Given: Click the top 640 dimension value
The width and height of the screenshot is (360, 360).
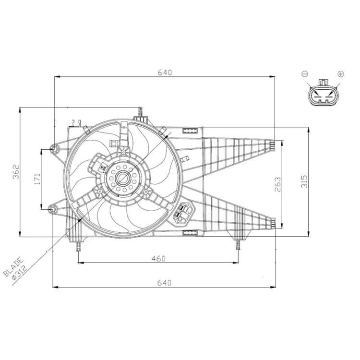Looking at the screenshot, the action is click(x=165, y=72).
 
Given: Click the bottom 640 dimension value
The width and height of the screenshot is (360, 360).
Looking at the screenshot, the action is click(x=164, y=283).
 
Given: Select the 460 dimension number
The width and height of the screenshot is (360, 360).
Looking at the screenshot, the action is click(x=158, y=259).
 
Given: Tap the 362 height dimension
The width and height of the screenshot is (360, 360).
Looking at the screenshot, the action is click(x=16, y=172).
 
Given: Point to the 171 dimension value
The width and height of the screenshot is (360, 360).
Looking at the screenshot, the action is click(x=37, y=179).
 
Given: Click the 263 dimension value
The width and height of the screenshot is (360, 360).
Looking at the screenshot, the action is click(x=277, y=184).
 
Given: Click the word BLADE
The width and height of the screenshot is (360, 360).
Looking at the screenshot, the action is click(x=13, y=266).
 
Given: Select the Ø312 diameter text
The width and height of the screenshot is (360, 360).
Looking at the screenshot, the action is click(x=20, y=272).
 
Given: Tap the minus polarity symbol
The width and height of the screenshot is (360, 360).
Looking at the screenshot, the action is click(x=305, y=74).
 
